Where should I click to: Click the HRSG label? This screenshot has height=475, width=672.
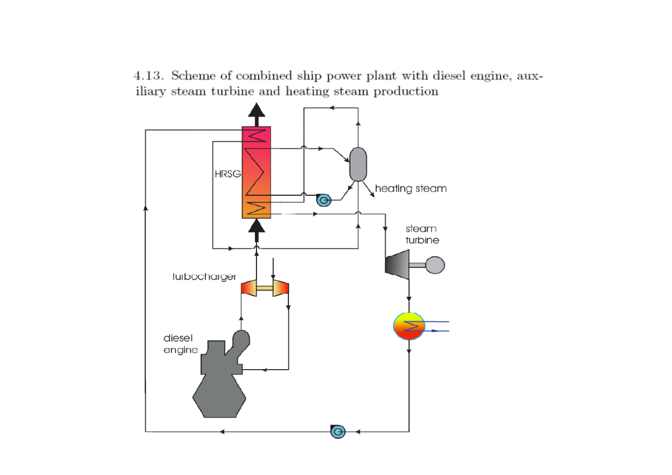click(228, 174)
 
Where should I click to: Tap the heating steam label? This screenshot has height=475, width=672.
click(411, 189)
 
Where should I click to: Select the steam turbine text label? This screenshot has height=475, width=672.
click(422, 235)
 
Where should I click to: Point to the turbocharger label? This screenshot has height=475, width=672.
click(204, 277)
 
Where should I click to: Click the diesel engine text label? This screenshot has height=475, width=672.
click(180, 344)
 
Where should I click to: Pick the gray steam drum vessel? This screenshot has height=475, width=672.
click(358, 164)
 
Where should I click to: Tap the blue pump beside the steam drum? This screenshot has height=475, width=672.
click(323, 200)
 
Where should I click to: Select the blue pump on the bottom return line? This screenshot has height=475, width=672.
click(338, 432)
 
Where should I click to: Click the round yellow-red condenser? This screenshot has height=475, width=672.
click(409, 326)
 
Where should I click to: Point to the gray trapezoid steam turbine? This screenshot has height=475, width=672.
click(397, 264)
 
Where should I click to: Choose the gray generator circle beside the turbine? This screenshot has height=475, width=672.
click(435, 265)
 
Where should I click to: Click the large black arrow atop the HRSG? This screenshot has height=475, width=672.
click(256, 114)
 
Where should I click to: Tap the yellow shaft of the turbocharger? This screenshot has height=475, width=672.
click(264, 288)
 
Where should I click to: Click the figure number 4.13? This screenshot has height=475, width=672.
click(149, 76)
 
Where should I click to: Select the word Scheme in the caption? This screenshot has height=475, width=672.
click(193, 76)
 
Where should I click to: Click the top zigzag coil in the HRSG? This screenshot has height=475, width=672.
click(257, 136)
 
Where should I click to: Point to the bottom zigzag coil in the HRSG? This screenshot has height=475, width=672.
click(256, 208)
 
